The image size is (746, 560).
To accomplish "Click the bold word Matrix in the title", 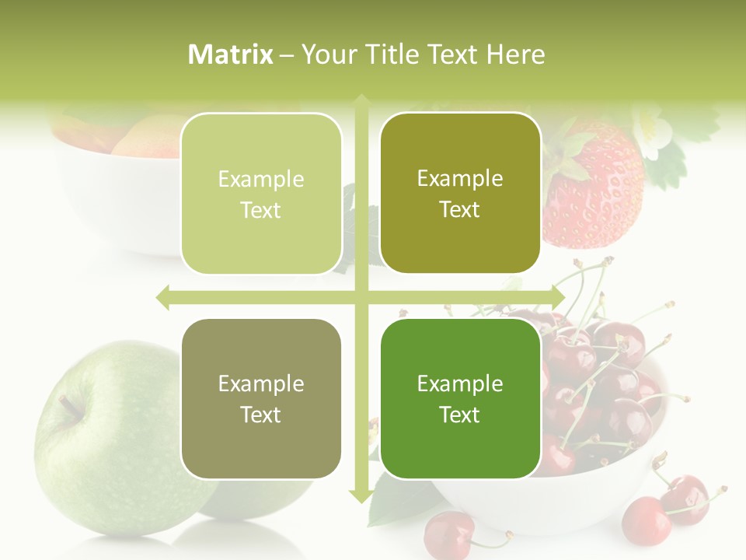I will tap(230, 54).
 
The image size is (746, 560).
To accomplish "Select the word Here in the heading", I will tap(516, 54).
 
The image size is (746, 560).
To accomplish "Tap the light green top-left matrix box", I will tap(261, 194).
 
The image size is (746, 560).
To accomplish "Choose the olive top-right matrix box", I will tap(460, 193).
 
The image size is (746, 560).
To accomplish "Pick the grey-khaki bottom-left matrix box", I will tap(261, 398).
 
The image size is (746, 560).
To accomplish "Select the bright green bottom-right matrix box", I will tap(460, 398).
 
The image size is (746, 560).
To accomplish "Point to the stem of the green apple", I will tap(70, 404).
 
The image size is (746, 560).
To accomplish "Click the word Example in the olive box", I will tap(460, 178).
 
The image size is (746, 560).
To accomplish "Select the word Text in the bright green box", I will tap(460, 415).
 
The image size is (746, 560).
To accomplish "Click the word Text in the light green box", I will tap(261, 210).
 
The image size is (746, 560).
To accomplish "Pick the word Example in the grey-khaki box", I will tap(261, 383).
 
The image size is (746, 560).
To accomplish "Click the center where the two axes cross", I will tap(361, 297).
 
